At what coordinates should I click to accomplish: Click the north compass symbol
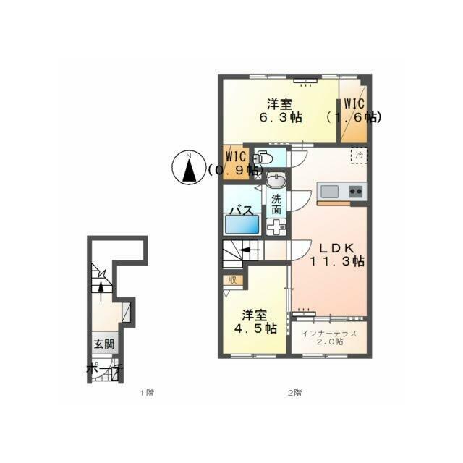tap(189, 168)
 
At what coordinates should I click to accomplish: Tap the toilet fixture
tap(263, 157)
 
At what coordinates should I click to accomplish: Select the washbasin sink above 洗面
tap(276, 181)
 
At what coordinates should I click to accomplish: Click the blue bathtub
tap(242, 224)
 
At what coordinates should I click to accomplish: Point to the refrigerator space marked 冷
tap(359, 156)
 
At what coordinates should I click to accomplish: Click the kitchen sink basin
tap(330, 192)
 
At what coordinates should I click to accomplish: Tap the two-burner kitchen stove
tap(356, 192)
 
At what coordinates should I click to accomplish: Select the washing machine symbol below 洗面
tap(276, 227)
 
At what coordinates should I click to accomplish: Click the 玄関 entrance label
tap(104, 344)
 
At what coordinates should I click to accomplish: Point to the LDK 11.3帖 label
tap(337, 255)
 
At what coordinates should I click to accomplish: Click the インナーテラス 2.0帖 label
tap(329, 338)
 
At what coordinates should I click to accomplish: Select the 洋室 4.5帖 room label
tap(255, 322)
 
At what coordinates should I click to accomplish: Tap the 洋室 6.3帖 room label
tap(280, 111)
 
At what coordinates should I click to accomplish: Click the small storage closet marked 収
tap(233, 280)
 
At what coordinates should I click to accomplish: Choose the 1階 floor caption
tap(147, 393)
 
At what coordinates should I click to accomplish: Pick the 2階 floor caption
tap(294, 393)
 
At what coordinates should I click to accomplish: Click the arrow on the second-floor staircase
tap(250, 251)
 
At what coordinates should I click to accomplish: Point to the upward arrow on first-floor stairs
tap(101, 292)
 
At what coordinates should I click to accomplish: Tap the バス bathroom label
tap(242, 211)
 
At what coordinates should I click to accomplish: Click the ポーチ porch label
tap(104, 370)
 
